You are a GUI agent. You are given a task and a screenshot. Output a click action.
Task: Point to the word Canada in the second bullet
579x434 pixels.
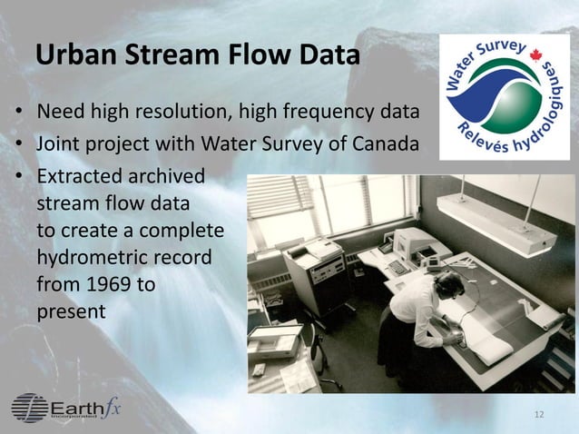[385, 144]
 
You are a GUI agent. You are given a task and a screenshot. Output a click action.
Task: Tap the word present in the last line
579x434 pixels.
[71, 312]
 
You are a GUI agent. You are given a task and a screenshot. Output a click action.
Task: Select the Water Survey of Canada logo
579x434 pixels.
[504, 98]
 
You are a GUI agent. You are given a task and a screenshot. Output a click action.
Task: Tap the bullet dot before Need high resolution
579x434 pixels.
[17, 116]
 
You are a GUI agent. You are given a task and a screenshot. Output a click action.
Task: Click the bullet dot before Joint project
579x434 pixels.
[17, 145]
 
